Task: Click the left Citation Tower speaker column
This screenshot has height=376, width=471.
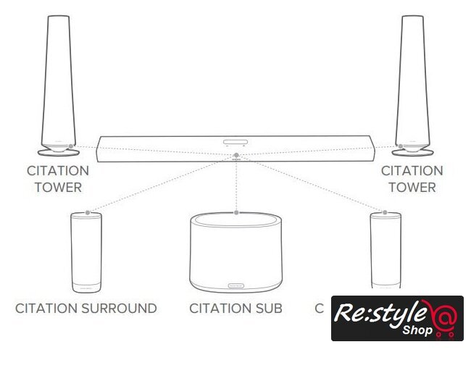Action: pyautogui.click(x=59, y=80)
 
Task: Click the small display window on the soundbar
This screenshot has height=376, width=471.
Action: pyautogui.click(x=236, y=143)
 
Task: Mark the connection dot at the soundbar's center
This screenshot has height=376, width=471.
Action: pyautogui.click(x=236, y=155)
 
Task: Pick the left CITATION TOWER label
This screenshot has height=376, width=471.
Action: pyautogui.click(x=58, y=179)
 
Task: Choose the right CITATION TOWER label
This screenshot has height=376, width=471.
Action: pyautogui.click(x=412, y=179)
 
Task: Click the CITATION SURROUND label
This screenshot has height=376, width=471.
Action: pyautogui.click(x=86, y=309)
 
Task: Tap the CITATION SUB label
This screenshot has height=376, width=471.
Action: pyautogui.click(x=236, y=309)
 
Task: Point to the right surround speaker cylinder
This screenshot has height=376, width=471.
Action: pyautogui.click(x=385, y=250)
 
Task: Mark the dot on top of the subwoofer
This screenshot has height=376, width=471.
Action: pyautogui.click(x=237, y=212)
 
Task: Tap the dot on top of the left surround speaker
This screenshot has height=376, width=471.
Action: pyautogui.click(x=88, y=213)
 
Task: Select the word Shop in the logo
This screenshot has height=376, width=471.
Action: pyautogui.click(x=418, y=329)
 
